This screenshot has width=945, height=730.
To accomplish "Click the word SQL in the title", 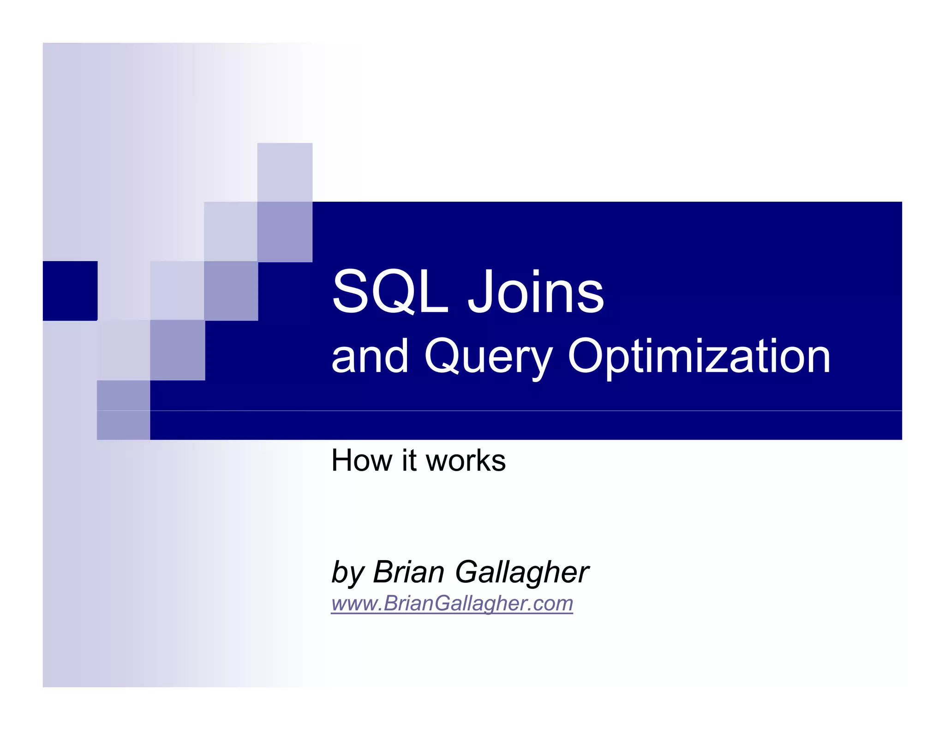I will (390, 292).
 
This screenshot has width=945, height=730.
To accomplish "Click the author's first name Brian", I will (409, 572).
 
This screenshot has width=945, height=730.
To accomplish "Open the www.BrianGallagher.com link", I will (452, 603).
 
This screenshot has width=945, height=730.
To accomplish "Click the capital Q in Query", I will (443, 356).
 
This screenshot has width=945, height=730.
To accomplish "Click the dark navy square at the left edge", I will (70, 291).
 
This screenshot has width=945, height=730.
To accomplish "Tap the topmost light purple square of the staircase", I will (284, 172).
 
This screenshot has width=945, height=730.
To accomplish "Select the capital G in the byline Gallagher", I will (471, 572).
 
